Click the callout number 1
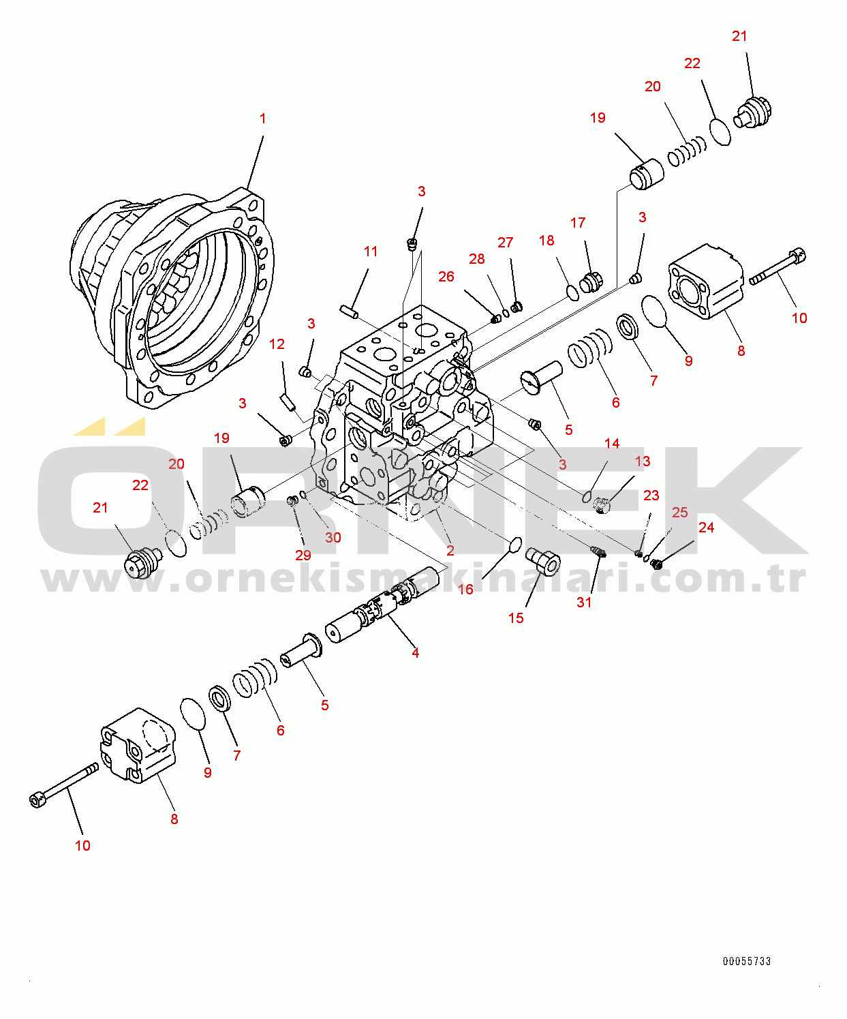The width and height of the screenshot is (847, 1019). coord(262,119)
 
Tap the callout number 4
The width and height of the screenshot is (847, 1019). coord(415,652)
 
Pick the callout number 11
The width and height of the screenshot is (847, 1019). coord(371,252)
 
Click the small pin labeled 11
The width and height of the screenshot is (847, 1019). coord(349,311)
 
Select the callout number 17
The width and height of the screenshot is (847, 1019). coord(578,222)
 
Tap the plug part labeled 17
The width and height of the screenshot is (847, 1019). coord(591,283)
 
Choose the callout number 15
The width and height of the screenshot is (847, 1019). coord(516,618)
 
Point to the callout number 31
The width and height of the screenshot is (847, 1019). coord(584,603)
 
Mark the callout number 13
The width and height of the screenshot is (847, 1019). coord(643,461)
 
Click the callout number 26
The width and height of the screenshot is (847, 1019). coord(446,277)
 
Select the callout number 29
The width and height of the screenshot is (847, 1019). coord(303,555)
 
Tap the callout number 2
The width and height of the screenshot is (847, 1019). coord(450,551)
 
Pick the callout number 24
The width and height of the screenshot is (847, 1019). coord(706,527)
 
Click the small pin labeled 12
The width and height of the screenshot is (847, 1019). coord(288,403)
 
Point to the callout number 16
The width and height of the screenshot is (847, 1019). coord(465,589)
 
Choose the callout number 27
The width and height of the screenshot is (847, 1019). coord(506,243)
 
